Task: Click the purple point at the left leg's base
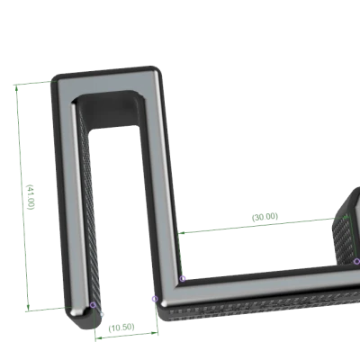pos(92,304)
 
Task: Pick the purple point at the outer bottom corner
pos(154,298)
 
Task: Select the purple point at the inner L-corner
pos(183,278)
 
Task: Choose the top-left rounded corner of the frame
pos(60,83)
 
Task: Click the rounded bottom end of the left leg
pos(79,310)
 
